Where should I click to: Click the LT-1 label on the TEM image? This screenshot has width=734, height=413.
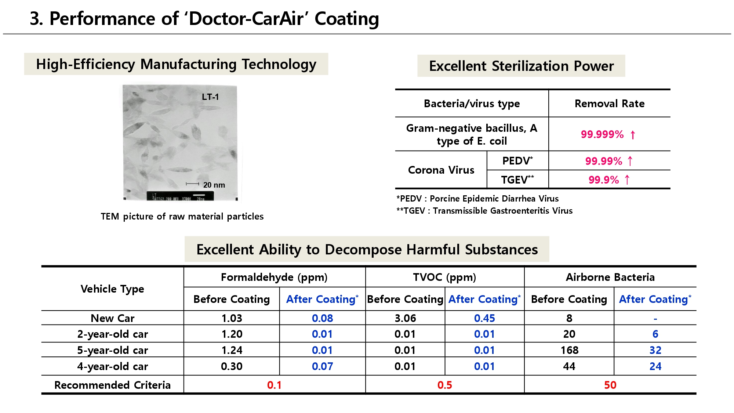coord(210,97)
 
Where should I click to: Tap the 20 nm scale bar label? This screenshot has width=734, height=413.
coord(214,185)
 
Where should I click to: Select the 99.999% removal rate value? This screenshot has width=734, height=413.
coord(602,134)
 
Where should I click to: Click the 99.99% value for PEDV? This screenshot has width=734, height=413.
coord(604,161)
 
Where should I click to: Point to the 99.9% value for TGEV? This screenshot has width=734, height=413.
coord(604,180)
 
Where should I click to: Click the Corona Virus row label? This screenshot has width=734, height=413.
coord(441,170)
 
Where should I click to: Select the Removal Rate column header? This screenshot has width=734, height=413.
coord(609,104)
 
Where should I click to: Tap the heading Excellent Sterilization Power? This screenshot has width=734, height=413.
coord(521,66)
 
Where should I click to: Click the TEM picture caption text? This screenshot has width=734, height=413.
coord(182,216)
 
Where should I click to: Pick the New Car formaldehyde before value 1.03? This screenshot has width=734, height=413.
coord(232,318)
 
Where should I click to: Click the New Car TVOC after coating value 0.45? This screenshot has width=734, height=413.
coord(484,318)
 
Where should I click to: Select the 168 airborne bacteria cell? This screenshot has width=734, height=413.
coord(569,350)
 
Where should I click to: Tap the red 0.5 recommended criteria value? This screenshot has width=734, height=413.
coord(444,385)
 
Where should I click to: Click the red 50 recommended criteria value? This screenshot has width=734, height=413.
coord(610,385)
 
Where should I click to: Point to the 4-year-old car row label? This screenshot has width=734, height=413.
coord(112,366)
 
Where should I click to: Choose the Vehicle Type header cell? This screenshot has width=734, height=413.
coord(112,289)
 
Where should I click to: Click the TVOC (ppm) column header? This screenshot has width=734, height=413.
coord(444,277)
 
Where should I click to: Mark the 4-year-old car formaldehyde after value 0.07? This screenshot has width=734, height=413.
coord(322,366)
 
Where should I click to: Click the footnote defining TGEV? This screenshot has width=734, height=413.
coord(484,211)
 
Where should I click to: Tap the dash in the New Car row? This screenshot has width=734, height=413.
coord(655,319)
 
